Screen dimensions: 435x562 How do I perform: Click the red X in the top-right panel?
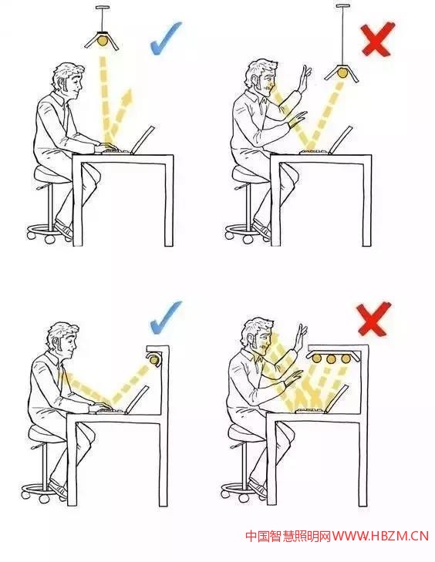(376, 39)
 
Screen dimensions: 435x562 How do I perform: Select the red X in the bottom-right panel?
(373, 318)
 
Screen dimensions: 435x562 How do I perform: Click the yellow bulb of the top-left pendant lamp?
(103, 40)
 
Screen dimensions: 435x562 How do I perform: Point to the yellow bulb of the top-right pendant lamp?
(342, 72)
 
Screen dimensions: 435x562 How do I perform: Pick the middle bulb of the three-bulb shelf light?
(331, 358)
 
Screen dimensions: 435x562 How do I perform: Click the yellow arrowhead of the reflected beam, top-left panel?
(127, 96)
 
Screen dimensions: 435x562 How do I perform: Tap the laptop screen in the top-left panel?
(143, 140)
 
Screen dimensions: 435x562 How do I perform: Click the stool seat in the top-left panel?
(51, 175)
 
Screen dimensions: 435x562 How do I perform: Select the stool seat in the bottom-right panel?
(248, 433)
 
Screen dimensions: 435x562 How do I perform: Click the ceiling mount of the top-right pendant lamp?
(342, 6)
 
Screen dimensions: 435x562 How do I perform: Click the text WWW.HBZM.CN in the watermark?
(380, 536)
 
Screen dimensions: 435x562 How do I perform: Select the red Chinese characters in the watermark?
(288, 536)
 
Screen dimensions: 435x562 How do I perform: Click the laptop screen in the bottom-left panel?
(137, 399)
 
